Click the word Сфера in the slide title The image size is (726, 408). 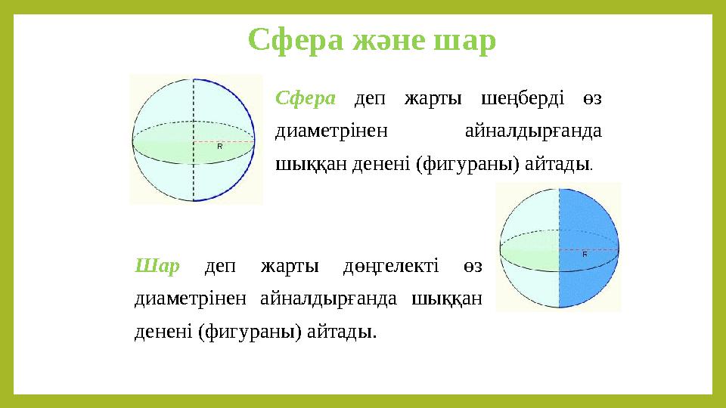coord(298,40)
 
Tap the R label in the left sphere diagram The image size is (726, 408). coord(219,147)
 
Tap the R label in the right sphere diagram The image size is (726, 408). coord(585,255)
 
